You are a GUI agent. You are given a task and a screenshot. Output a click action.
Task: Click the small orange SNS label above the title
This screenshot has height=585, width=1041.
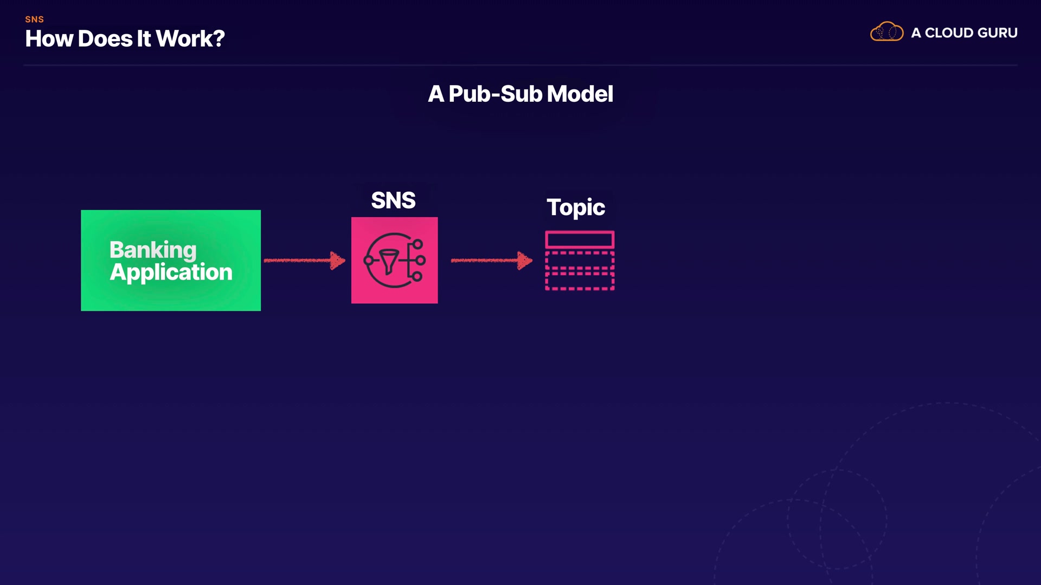pyautogui.click(x=34, y=19)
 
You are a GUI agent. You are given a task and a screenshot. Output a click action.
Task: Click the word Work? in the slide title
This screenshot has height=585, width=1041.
pyautogui.click(x=190, y=39)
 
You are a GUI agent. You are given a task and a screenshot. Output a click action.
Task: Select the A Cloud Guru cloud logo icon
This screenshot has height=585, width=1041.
pyautogui.click(x=886, y=32)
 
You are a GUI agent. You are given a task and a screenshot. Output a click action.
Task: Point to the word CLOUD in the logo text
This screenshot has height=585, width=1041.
pyautogui.click(x=949, y=33)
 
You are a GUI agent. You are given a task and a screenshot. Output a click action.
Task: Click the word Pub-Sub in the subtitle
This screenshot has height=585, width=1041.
pyautogui.click(x=495, y=94)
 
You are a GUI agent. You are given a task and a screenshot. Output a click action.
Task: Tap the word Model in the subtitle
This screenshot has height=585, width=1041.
pyautogui.click(x=580, y=94)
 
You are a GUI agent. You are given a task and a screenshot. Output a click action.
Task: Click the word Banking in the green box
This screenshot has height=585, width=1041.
pyautogui.click(x=153, y=250)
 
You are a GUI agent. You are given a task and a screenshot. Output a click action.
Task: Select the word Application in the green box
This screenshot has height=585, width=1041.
pyautogui.click(x=171, y=272)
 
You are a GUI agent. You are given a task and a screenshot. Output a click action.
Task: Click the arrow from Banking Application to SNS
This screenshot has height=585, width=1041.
pyautogui.click(x=304, y=261)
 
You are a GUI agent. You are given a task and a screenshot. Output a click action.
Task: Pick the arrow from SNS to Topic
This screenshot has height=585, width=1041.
pyautogui.click(x=491, y=261)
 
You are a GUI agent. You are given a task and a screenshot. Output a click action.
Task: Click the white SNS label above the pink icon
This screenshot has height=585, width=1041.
pyautogui.click(x=393, y=200)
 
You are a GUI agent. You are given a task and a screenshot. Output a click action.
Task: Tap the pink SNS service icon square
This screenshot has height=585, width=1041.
pyautogui.click(x=394, y=260)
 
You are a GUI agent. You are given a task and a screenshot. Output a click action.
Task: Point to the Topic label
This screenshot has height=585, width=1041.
pyautogui.click(x=575, y=207)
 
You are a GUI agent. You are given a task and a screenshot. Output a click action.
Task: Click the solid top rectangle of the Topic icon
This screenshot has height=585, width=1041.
pyautogui.click(x=580, y=239)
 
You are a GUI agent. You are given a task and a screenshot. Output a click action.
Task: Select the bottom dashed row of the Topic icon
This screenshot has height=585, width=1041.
pyautogui.click(x=580, y=282)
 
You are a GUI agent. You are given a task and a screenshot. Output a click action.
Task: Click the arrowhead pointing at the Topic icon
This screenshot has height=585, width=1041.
pyautogui.click(x=524, y=261)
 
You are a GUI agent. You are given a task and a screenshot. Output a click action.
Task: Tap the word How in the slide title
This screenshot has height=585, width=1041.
pyautogui.click(x=49, y=39)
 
